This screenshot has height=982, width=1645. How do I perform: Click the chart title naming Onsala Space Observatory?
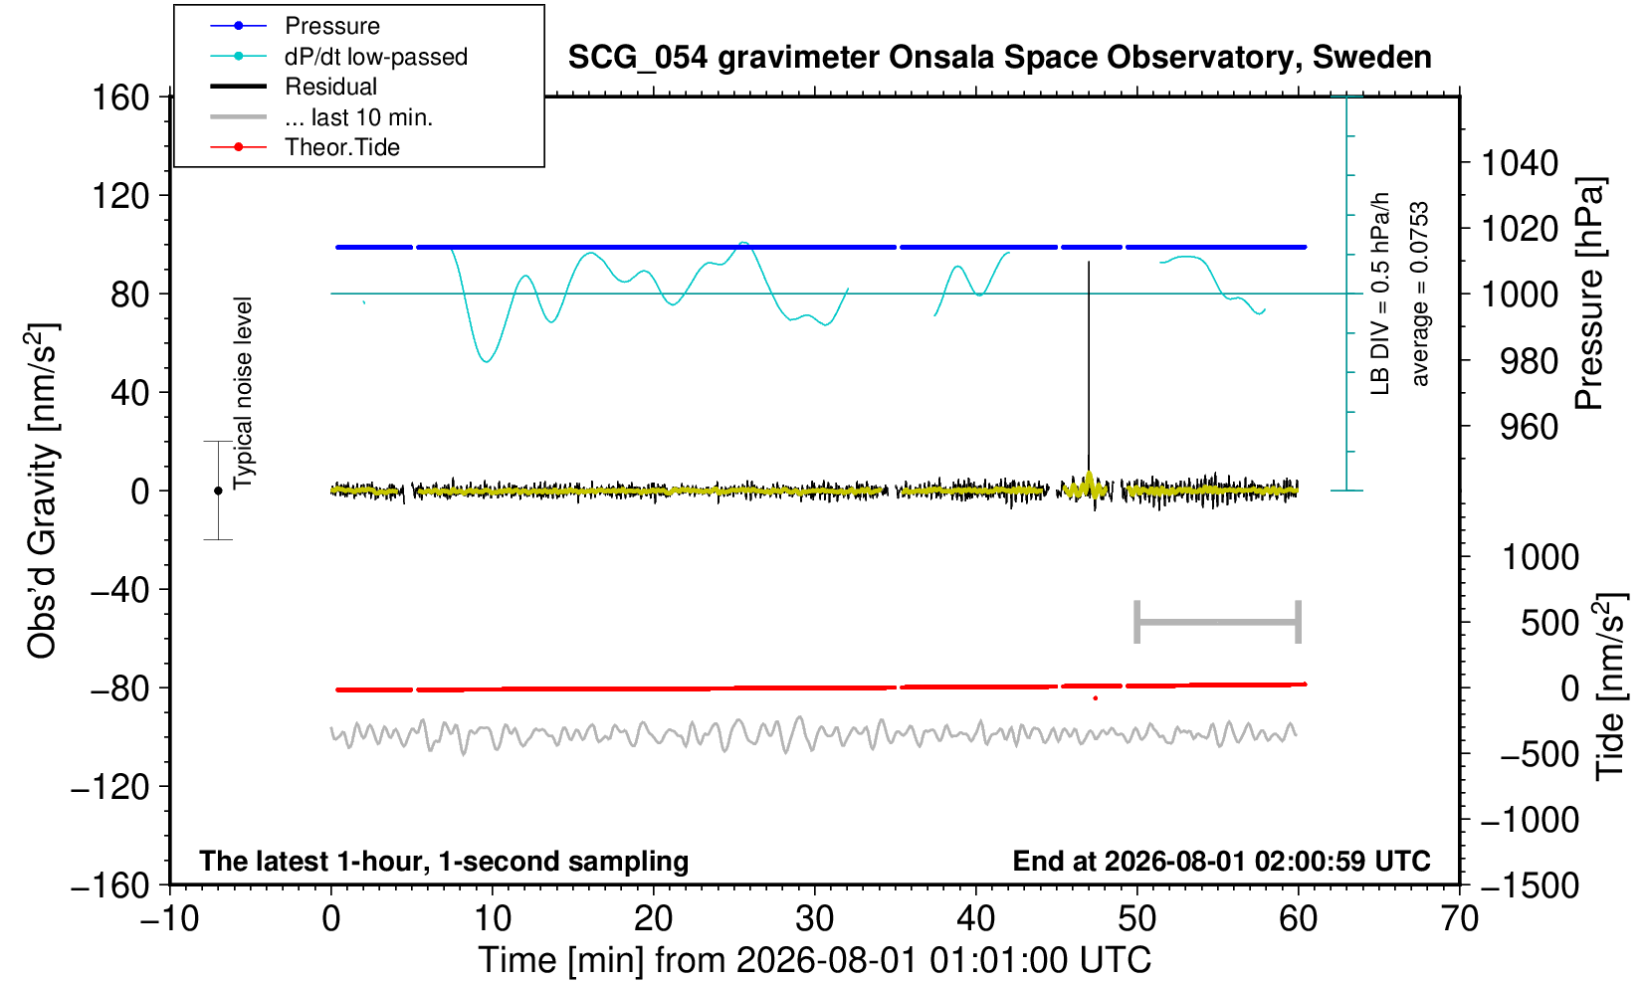(999, 58)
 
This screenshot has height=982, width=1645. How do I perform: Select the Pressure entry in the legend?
(332, 27)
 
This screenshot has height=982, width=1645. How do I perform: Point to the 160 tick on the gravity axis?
(120, 98)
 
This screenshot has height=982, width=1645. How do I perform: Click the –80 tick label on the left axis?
(120, 688)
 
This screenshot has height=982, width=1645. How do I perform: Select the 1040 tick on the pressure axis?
(1520, 163)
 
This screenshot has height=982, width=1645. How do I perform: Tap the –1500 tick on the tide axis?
(1529, 885)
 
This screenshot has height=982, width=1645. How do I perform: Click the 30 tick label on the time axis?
(814, 919)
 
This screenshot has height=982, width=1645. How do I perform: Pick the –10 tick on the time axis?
(169, 919)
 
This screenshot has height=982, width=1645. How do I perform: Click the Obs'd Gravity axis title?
(42, 491)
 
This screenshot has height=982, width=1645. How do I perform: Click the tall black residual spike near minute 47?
(1089, 367)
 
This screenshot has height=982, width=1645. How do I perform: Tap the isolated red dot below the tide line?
(1096, 698)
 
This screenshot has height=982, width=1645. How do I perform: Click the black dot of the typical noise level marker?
(218, 491)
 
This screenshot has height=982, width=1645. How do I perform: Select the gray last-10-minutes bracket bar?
(1218, 622)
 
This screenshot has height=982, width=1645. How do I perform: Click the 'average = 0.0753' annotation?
(1420, 294)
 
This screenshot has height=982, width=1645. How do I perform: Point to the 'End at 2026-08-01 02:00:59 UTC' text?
(1222, 861)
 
